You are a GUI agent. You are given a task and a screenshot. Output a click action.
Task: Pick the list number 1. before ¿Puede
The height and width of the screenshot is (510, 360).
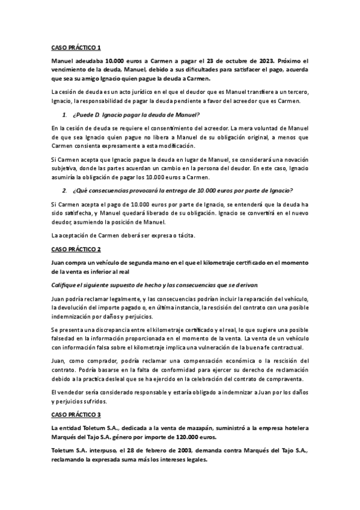click(x=66, y=115)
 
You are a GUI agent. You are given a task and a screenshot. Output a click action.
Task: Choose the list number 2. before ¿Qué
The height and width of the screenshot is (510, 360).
click(x=66, y=191)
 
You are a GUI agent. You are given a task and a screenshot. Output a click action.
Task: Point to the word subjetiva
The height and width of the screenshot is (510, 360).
click(x=66, y=167)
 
